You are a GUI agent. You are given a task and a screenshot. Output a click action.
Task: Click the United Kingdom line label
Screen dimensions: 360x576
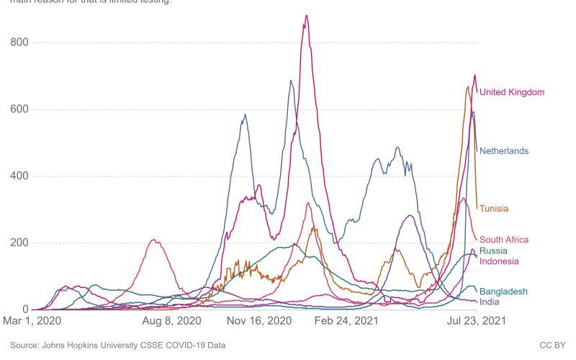511,92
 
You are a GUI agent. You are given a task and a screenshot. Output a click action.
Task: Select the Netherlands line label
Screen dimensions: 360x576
504,151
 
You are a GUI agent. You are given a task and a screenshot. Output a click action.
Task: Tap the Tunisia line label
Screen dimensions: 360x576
494,209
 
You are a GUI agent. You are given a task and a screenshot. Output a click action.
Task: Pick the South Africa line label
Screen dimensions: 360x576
504,240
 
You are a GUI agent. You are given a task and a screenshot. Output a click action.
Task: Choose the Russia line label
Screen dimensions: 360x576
493,251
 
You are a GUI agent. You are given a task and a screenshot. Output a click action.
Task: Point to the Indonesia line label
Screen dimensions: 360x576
499,261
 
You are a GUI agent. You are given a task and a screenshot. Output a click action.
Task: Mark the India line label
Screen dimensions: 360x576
489,302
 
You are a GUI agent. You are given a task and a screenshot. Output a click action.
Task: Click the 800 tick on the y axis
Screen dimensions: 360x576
19,42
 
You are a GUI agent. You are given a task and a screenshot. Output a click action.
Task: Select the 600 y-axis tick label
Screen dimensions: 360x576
19,109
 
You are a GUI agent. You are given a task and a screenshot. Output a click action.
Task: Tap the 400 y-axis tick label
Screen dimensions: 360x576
19,176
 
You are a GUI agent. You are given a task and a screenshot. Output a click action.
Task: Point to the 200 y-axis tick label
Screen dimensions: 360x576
19,243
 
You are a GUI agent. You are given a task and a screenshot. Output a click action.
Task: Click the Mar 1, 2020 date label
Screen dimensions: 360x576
32,320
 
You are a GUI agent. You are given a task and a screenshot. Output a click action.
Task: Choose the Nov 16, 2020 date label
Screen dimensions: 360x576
257,320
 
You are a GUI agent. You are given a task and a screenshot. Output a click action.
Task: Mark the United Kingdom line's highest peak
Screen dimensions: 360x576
307,15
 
